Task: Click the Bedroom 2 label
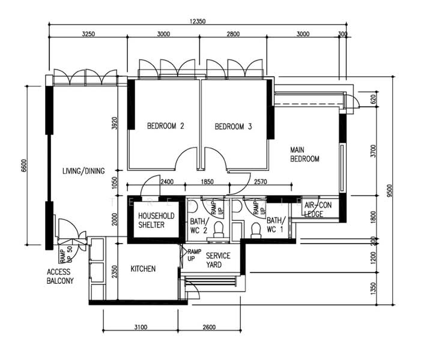tap(165, 127)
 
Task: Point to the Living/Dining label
tap(83, 171)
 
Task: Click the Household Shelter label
tap(156, 220)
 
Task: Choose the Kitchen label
tap(143, 269)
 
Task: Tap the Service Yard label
tap(218, 260)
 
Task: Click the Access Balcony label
tap(60, 276)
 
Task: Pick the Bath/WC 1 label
tap(276, 225)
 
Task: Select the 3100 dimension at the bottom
tap(140, 327)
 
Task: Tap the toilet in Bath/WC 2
tap(219, 229)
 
